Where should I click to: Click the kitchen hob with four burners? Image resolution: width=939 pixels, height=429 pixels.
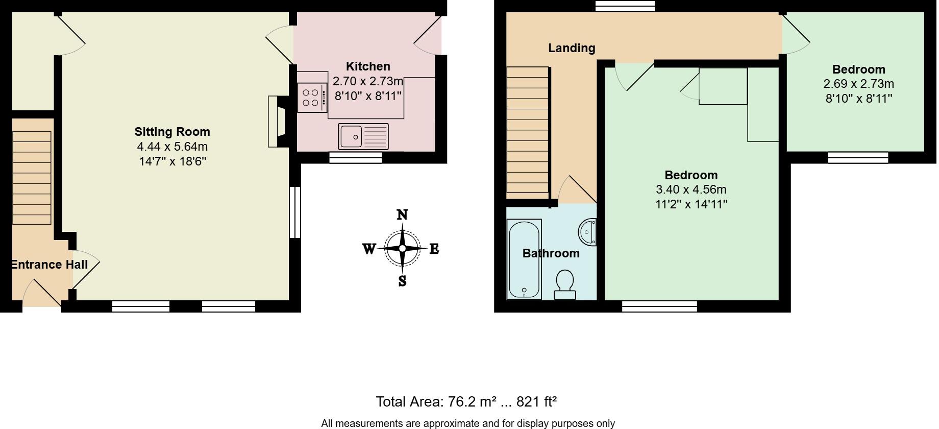pyautogui.click(x=312, y=98)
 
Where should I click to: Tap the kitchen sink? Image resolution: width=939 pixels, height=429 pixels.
pyautogui.click(x=363, y=136)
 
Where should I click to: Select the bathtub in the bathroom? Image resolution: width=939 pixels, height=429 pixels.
pyautogui.click(x=524, y=259)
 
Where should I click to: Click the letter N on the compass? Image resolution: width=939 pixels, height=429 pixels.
pyautogui.click(x=402, y=215)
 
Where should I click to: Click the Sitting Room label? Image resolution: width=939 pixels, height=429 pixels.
pyautogui.click(x=172, y=132)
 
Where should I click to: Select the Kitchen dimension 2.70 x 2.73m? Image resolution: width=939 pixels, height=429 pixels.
pyautogui.click(x=368, y=81)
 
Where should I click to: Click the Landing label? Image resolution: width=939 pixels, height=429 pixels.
pyautogui.click(x=572, y=48)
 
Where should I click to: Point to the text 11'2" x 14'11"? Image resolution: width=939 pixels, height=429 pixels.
pyautogui.click(x=691, y=204)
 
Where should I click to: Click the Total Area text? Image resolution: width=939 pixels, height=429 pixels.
pyautogui.click(x=466, y=402)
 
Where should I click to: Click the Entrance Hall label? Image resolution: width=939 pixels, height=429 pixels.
pyautogui.click(x=50, y=265)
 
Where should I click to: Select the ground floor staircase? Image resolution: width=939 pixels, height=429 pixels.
pyautogui.click(x=32, y=177)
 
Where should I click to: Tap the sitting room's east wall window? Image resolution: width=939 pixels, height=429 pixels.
pyautogui.click(x=295, y=212)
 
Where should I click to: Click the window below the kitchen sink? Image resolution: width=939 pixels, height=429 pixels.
pyautogui.click(x=356, y=158)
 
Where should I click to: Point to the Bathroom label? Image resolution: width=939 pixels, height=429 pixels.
pyautogui.click(x=551, y=253)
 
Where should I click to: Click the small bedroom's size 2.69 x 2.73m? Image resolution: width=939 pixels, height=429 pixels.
pyautogui.click(x=858, y=84)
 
